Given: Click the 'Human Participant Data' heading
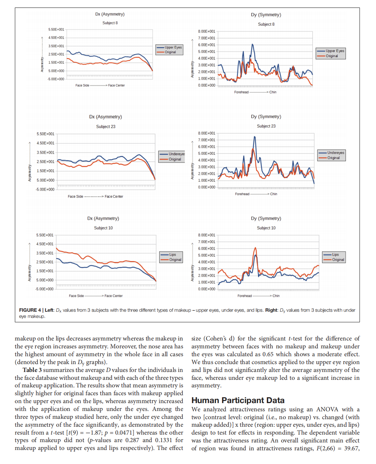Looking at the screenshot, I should click(x=238, y=400).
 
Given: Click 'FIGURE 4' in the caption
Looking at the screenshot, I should click(x=30, y=310).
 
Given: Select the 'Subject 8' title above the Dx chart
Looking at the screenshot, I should click(x=110, y=23).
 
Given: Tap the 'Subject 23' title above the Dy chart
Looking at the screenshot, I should click(x=266, y=126).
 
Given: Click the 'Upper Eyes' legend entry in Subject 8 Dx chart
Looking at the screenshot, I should click(x=173, y=48).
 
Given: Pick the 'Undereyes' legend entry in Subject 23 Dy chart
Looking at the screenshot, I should click(x=335, y=153).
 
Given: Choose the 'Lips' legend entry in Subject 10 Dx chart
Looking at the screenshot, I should click(x=172, y=255).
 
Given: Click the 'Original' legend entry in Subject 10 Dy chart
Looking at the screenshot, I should click(x=338, y=260).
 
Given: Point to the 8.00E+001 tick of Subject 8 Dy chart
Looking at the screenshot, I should click(x=207, y=31).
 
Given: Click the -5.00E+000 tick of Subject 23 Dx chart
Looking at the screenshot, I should click(x=45, y=190).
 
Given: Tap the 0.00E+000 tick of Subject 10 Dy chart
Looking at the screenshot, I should click(x=207, y=289).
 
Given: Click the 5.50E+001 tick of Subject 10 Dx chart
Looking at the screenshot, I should click(x=45, y=235).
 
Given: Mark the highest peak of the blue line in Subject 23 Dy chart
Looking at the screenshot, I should click(x=255, y=137).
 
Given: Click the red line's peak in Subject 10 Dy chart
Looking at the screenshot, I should click(x=255, y=248).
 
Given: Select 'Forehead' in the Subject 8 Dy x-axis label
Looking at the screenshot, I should click(x=241, y=92).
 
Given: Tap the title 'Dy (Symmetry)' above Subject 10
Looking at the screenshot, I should click(x=266, y=218).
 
